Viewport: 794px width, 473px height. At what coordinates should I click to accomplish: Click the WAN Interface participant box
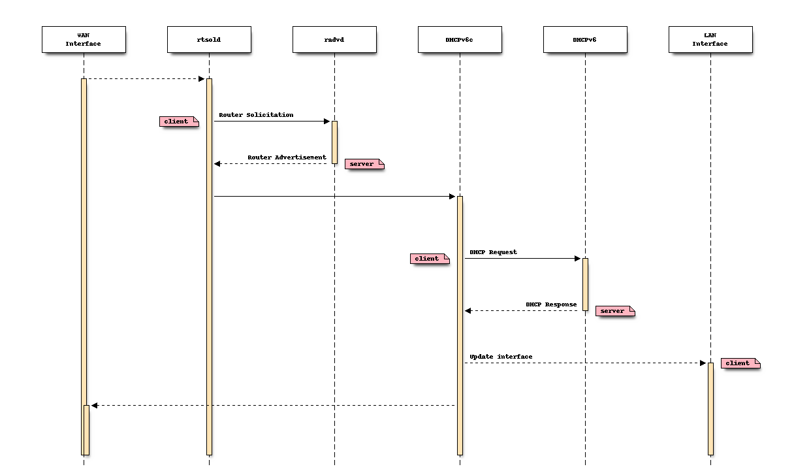coord(84,39)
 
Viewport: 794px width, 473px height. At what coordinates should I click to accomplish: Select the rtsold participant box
coord(209,39)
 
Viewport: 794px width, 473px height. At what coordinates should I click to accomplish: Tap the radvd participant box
coord(334,39)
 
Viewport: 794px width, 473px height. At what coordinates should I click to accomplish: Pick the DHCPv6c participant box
coord(460,39)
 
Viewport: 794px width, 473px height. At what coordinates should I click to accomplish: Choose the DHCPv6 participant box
coord(585,39)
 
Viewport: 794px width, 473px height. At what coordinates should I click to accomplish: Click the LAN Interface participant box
coord(710,39)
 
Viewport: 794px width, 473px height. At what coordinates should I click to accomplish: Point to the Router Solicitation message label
coord(256,115)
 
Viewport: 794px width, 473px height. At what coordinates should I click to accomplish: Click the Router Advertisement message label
coord(287,157)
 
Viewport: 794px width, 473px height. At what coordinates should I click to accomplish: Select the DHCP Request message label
coord(493,252)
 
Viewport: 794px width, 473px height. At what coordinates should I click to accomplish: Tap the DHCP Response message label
coord(551,304)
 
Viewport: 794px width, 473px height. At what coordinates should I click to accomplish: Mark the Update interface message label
coord(501,357)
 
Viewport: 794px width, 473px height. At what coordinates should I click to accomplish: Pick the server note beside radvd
coord(364,164)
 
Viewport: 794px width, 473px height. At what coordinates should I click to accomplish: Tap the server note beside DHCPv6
coord(614,311)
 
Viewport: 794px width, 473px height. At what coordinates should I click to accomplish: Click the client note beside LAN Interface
coord(740,363)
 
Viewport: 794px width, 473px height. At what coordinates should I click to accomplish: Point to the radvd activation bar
coord(334,142)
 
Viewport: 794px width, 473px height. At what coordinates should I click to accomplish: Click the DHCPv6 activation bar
coord(585,284)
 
